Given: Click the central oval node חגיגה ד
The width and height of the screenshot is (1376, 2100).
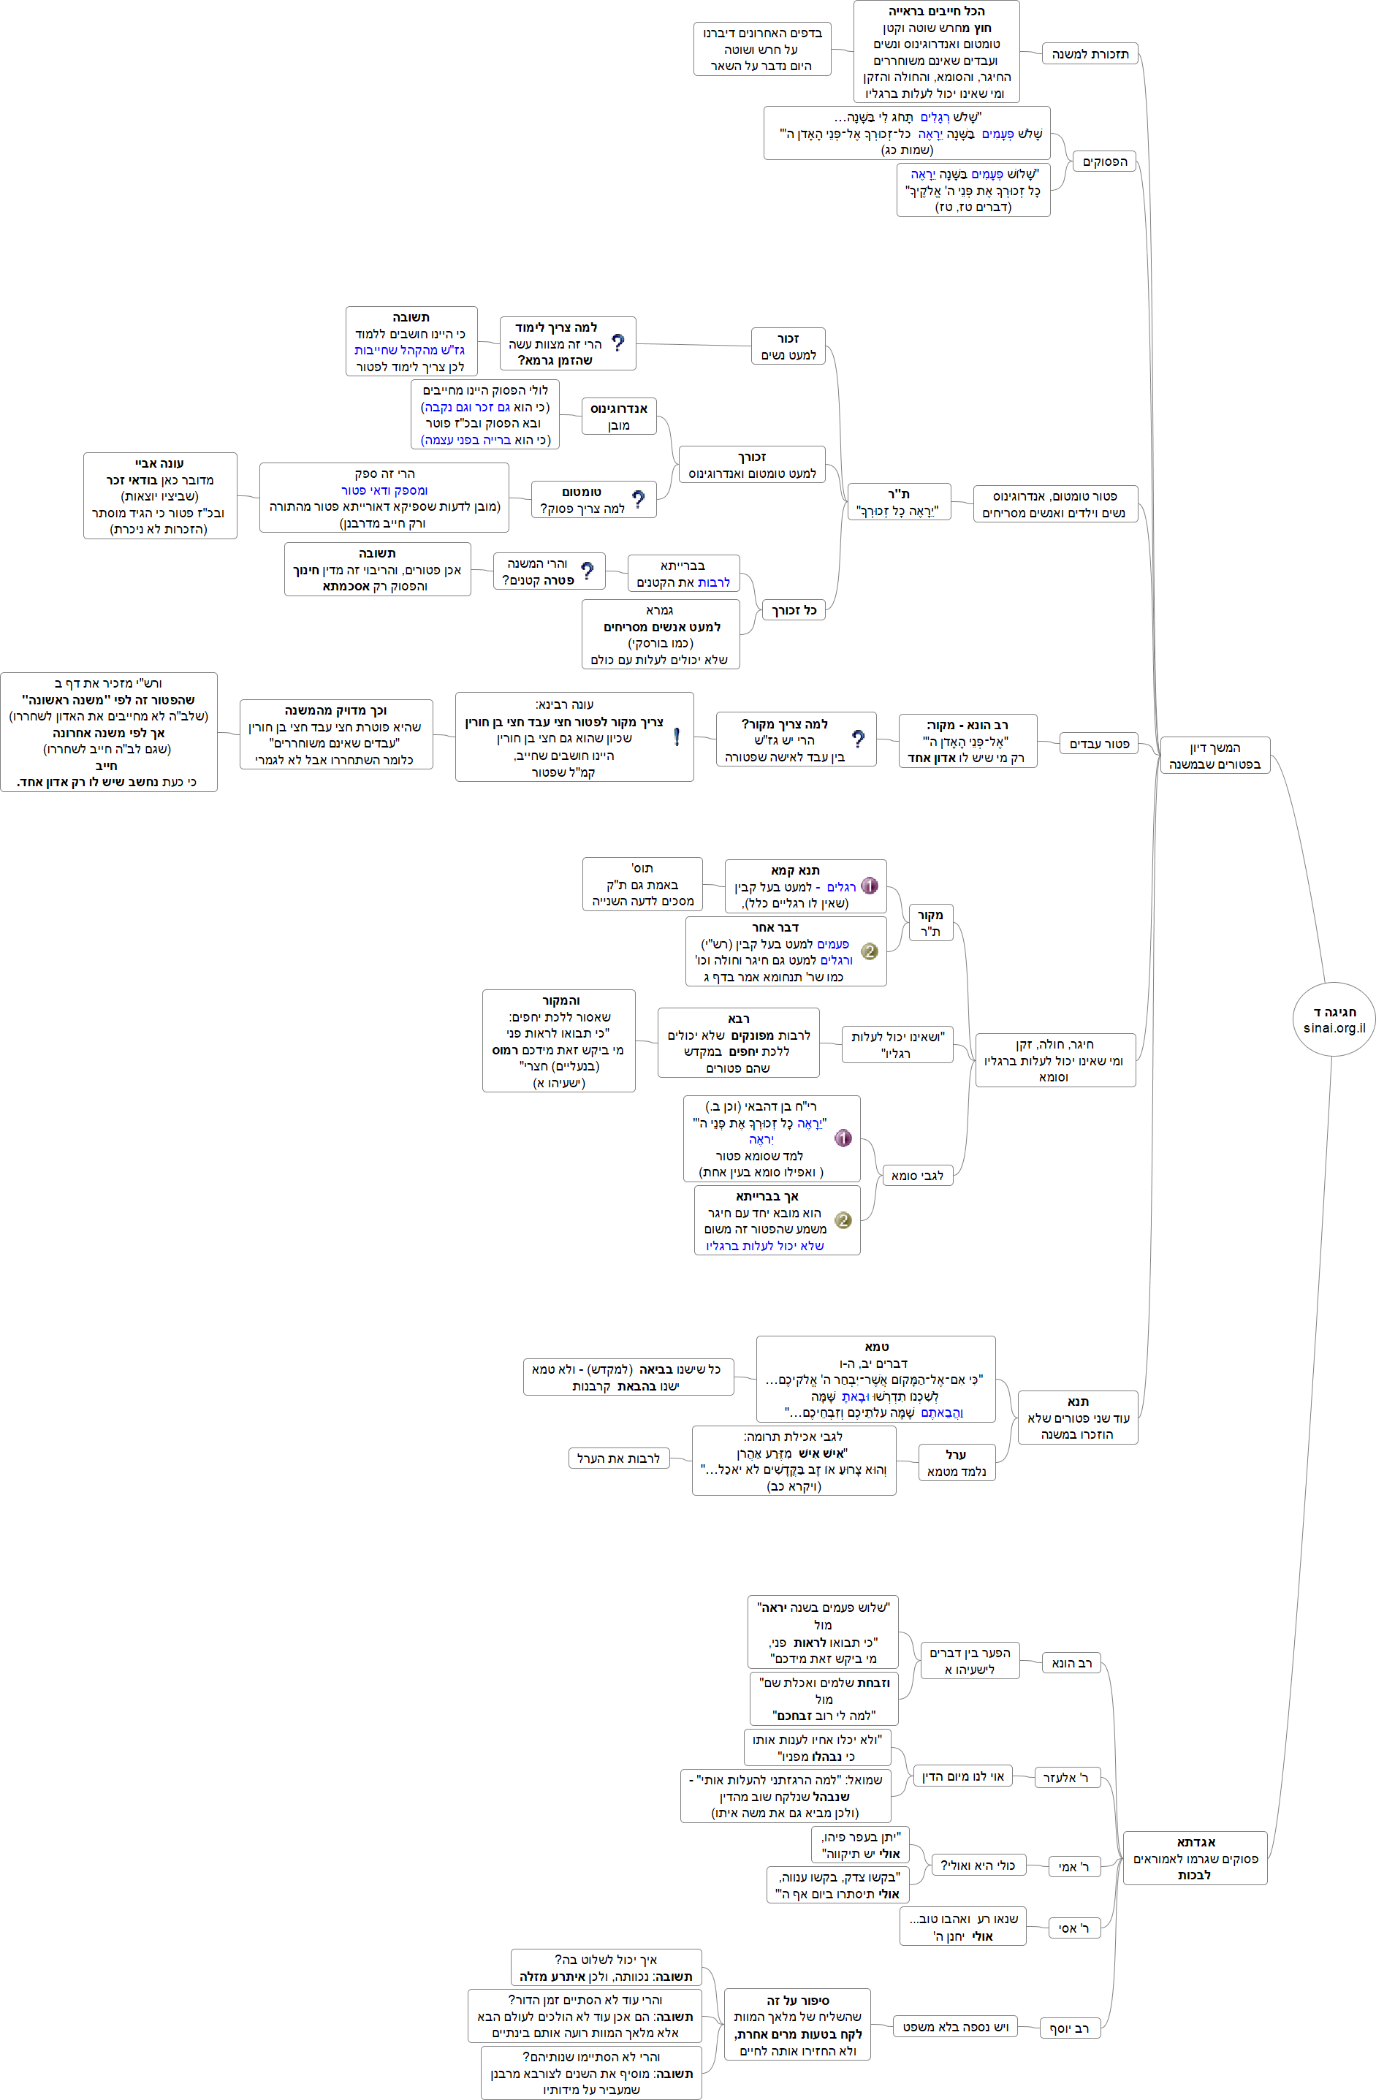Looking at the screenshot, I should pos(1334,1019).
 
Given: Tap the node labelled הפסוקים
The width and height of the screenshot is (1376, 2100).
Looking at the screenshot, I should pos(1104,161).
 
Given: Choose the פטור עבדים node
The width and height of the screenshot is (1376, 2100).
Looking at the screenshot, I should pos(1099,744).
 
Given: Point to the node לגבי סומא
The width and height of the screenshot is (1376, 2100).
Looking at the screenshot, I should pos(917,1175).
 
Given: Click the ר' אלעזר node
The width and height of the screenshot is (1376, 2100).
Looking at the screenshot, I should pos(1065,1778).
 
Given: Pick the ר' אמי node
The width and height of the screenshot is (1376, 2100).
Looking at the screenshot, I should pos(1073,1866).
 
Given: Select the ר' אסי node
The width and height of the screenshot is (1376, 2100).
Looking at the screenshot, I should pos(1073,1929).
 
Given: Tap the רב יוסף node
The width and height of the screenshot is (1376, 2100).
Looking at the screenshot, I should pos(1069,2028).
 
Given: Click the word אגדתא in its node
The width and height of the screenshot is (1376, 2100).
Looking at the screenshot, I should pos(1196,1842).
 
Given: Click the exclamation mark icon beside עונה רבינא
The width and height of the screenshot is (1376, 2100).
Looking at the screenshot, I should pos(676,737).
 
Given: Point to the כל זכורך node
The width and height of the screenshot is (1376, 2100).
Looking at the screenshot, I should pos(794,611).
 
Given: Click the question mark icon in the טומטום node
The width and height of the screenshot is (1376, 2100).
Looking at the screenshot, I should pos(638,499).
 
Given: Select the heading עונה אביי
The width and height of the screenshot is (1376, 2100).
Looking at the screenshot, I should pos(160,463).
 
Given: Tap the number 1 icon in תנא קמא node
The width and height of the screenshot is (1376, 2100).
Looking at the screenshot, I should pos(870,886).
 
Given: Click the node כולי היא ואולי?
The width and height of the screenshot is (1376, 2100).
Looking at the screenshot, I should pos(977,1865).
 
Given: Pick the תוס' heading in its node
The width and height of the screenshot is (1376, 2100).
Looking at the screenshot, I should pos(642,868).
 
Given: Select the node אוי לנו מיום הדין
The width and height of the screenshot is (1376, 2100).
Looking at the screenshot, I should pos(963,1776).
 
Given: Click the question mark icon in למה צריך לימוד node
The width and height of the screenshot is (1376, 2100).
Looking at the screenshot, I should pos(617,343).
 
